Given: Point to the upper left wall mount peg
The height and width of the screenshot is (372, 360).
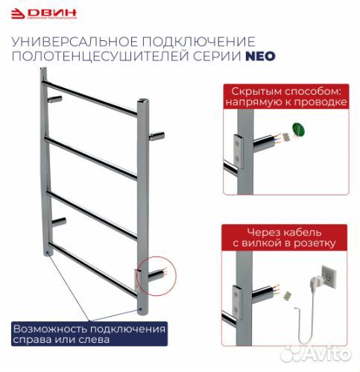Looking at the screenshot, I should pos(56,98).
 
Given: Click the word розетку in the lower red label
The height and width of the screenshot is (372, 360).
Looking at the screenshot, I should pos(315,243).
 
